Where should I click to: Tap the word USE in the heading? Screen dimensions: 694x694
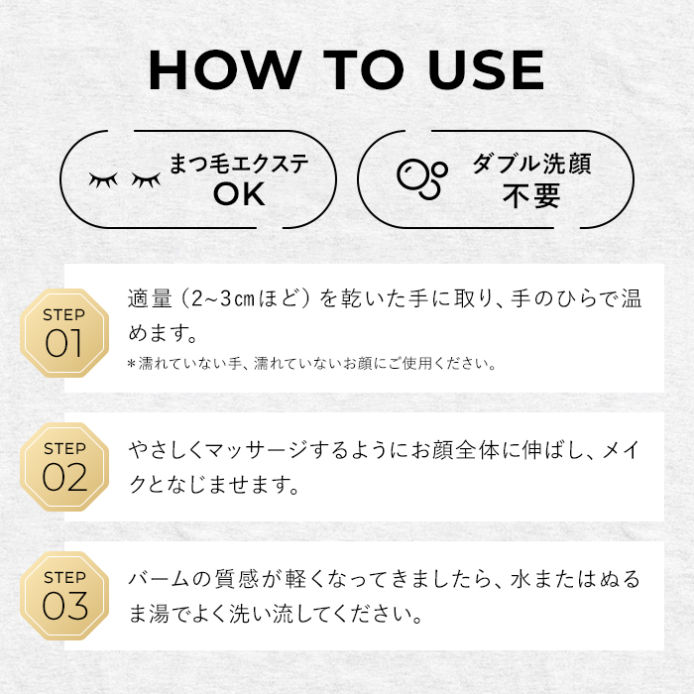point(486,70)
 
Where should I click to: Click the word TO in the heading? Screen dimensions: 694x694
point(364,70)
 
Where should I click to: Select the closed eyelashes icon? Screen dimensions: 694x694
point(125,179)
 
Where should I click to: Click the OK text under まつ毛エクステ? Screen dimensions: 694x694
point(239,194)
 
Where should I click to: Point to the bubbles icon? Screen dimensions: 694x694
point(421,178)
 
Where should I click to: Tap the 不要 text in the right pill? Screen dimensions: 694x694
point(531,195)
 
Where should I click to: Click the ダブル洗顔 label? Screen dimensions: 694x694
point(531,164)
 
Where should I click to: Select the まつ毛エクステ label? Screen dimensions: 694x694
point(239,164)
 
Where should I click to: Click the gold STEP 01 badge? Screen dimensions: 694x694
point(64,333)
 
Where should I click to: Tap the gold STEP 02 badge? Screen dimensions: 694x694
point(64,467)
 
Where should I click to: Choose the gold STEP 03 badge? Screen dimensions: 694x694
point(64,596)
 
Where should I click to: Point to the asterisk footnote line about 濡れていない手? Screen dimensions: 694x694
point(311,364)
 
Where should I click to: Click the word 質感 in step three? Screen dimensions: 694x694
point(236,579)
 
